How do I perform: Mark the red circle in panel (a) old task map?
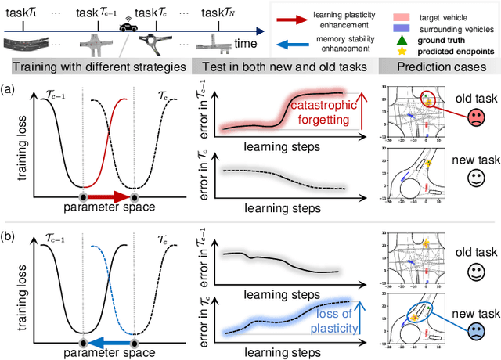(431, 99)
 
